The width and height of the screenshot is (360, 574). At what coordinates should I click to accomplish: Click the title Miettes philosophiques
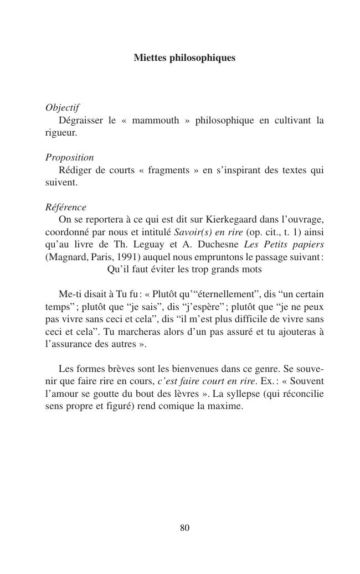(184, 58)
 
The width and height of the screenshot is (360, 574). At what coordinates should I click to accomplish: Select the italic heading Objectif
(62, 108)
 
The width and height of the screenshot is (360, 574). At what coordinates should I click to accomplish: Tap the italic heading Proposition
(69, 158)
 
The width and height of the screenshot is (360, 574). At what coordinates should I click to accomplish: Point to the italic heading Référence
(65, 208)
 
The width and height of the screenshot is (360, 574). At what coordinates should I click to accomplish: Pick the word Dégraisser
(81, 121)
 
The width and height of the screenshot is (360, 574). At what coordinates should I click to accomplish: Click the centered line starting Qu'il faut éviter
(184, 270)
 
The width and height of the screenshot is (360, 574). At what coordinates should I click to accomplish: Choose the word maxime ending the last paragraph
(228, 407)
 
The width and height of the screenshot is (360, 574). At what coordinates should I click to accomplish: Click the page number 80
(185, 528)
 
